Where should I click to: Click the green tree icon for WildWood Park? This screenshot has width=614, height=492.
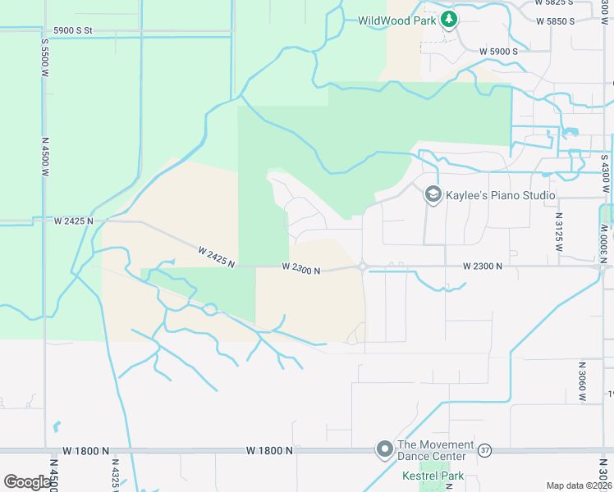point(448,20)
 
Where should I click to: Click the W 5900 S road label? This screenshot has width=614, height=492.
point(499,51)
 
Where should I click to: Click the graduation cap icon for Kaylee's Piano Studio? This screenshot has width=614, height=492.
point(432,195)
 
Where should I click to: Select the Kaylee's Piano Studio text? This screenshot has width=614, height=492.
point(501,196)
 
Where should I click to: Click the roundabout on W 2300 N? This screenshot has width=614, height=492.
point(362,266)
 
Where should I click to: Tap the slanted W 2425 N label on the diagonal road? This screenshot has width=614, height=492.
point(216,256)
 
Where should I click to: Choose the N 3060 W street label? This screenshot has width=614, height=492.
point(582,380)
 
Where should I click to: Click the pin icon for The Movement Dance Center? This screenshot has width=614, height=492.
point(383,449)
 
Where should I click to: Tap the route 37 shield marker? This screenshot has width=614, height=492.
point(485,450)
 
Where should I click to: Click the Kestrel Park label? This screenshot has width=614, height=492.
point(433,476)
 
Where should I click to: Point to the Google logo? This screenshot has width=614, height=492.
point(27,481)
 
